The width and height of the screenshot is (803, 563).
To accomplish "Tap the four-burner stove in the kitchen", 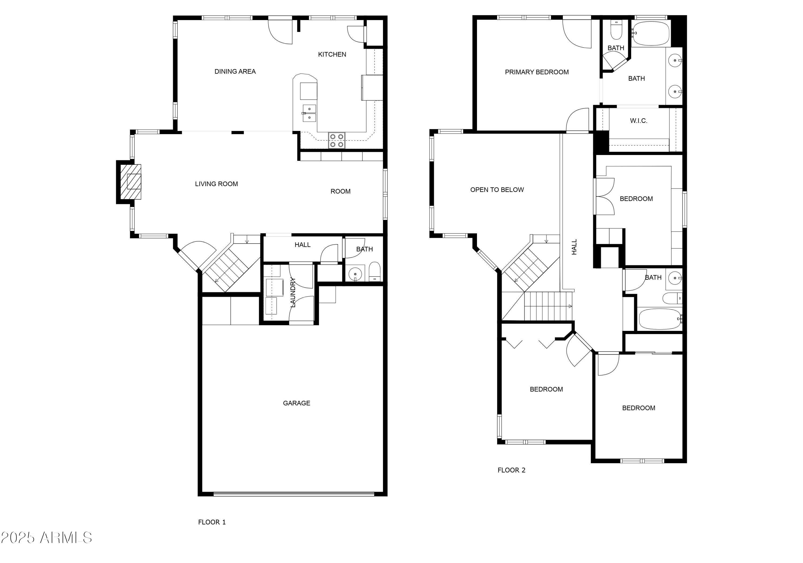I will pyautogui.click(x=336, y=140).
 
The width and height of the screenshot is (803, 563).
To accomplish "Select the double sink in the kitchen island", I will pyautogui.click(x=309, y=113).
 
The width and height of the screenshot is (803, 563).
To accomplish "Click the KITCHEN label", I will pyautogui.click(x=332, y=54).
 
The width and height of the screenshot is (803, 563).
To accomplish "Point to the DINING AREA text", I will pyautogui.click(x=235, y=71).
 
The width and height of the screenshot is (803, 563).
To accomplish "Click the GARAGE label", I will pyautogui.click(x=297, y=403).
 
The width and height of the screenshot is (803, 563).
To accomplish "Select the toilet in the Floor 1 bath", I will pyautogui.click(x=374, y=271).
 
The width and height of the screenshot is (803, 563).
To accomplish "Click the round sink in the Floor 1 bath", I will pyautogui.click(x=355, y=274).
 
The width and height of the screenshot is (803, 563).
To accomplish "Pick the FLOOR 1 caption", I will pyautogui.click(x=212, y=522).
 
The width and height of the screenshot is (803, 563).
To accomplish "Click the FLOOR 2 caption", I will pyautogui.click(x=511, y=470).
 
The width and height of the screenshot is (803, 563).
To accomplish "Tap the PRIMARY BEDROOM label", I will pyautogui.click(x=536, y=72).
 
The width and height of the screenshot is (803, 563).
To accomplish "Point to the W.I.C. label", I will pyautogui.click(x=639, y=121).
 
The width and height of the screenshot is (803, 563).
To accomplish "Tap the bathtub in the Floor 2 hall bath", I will pyautogui.click(x=660, y=319).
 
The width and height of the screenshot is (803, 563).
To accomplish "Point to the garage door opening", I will pyautogui.click(x=294, y=494).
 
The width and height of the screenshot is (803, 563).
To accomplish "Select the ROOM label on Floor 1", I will pyautogui.click(x=340, y=191).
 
